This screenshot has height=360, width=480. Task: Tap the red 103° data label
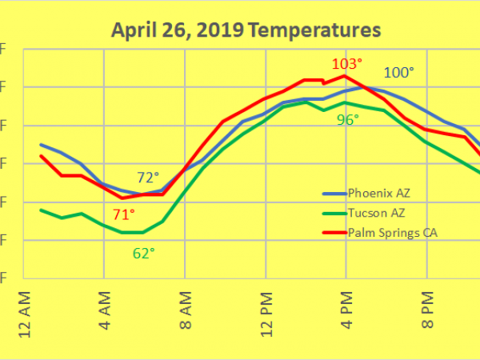click(x=348, y=63)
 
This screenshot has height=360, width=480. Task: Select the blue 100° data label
click(x=399, y=73)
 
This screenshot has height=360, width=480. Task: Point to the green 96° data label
click(x=347, y=119)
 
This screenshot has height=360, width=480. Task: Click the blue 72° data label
click(x=148, y=177)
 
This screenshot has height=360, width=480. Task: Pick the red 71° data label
click(x=123, y=214)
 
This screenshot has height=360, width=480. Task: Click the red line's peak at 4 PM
click(x=345, y=76)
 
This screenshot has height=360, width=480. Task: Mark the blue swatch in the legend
click(x=333, y=194)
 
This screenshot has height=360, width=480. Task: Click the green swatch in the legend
click(x=333, y=213)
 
